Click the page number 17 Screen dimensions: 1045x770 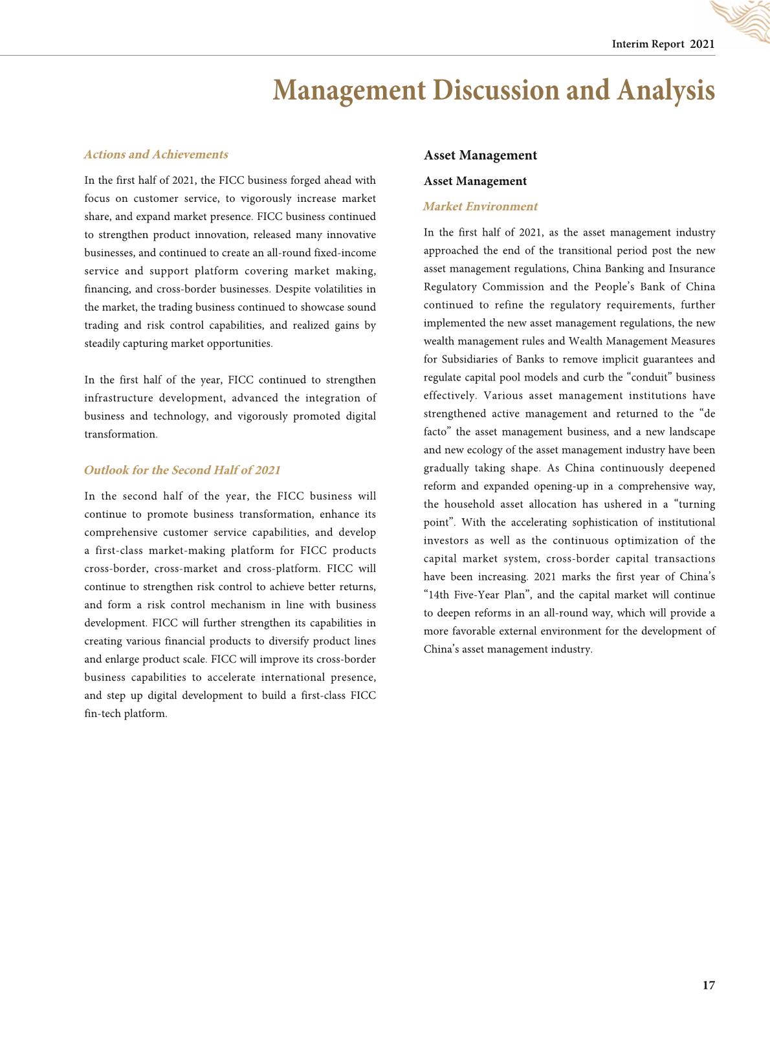coord(709,985)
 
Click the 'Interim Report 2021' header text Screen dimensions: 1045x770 coord(663,44)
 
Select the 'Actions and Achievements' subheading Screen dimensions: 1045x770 coord(156,155)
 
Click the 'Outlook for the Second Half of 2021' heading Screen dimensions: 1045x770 coord(182,470)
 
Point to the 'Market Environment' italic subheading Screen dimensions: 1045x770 coord(480,207)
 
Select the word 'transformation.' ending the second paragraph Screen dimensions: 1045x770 coord(121,435)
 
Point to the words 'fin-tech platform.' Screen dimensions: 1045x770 coord(126,714)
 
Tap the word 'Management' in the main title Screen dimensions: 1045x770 coord(349,90)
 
